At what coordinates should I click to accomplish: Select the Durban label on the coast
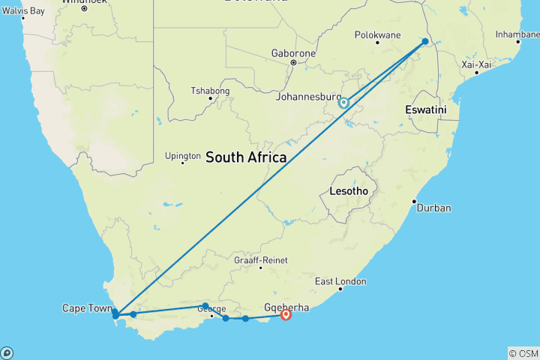point(434,208)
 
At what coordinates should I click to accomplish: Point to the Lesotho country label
point(349,191)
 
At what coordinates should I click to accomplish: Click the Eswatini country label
point(425,109)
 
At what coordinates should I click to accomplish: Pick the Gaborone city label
point(295,54)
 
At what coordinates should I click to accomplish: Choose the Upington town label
point(183,156)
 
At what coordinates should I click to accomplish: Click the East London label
point(340,281)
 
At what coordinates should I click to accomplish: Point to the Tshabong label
point(210,91)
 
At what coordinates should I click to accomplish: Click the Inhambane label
point(517,34)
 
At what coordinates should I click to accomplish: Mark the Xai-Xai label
point(476,64)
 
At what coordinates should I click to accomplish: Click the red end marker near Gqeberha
point(286,315)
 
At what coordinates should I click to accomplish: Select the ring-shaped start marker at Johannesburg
point(343,103)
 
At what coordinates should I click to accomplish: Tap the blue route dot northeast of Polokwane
point(425,42)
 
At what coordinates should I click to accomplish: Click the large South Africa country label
point(246,157)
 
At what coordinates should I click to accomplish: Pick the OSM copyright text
point(523,353)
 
